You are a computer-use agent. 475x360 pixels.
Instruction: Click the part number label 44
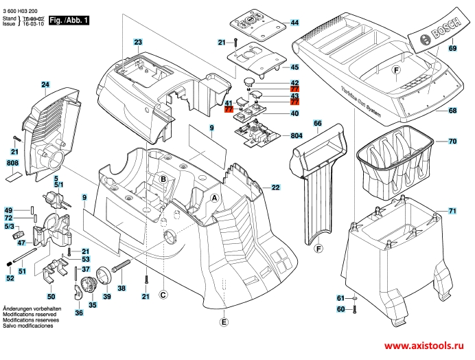click(x=294, y=23)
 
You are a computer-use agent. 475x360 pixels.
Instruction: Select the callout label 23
click(x=137, y=43)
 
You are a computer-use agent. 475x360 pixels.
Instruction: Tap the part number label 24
click(x=45, y=85)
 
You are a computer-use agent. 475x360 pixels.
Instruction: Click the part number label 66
click(x=317, y=123)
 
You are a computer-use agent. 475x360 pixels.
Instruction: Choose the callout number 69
click(x=452, y=49)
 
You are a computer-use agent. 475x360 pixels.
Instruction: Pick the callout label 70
click(x=452, y=142)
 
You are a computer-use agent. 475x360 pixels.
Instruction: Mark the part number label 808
click(x=12, y=163)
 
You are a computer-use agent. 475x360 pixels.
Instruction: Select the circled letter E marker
click(x=223, y=322)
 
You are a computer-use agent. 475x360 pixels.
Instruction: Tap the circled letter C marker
click(x=163, y=295)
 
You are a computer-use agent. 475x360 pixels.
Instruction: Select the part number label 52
click(x=10, y=278)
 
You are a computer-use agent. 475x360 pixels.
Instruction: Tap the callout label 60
click(x=340, y=309)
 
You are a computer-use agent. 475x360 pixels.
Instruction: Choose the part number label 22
click(x=275, y=188)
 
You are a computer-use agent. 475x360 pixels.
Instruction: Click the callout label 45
click(x=294, y=67)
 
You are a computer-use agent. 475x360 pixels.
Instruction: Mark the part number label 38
click(x=121, y=289)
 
